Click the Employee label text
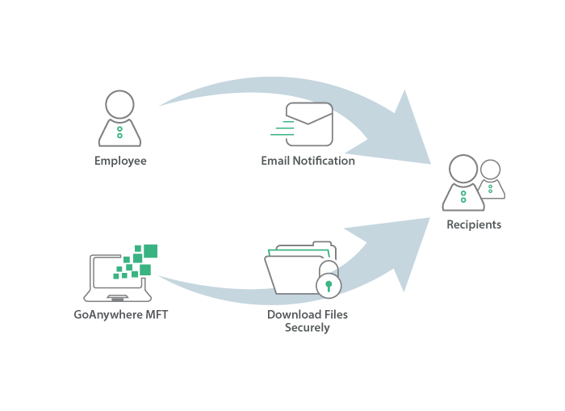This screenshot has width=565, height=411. click(x=119, y=161)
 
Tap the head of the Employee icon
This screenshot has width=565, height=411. click(x=119, y=105)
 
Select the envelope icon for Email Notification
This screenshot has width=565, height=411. click(x=309, y=124)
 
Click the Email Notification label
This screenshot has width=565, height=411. click(x=308, y=161)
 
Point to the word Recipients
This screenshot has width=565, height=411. click(x=474, y=224)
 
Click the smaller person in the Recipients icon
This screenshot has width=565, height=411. click(x=490, y=179)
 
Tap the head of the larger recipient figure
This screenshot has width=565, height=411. click(x=463, y=169)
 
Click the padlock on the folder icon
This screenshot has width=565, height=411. click(x=329, y=283)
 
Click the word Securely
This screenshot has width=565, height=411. click(x=308, y=328)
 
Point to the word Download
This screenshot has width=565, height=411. click(x=288, y=315)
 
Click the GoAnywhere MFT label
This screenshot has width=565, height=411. click(x=121, y=315)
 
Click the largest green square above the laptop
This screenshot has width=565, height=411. click(x=150, y=250)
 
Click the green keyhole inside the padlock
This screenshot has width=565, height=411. click(x=329, y=285)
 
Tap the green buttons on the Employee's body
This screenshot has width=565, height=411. click(x=119, y=132)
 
